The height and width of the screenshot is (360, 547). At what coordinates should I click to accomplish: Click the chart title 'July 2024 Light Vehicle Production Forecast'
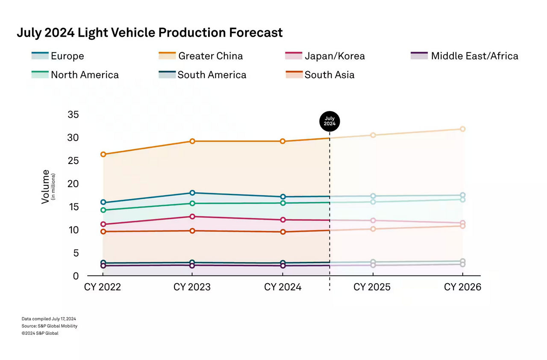150,33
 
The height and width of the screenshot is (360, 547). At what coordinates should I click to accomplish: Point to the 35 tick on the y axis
73,115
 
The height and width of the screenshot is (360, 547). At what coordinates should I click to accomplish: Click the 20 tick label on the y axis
73,184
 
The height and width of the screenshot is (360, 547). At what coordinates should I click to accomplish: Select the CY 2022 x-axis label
102,287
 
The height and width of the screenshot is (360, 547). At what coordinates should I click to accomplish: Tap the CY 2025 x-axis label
372,287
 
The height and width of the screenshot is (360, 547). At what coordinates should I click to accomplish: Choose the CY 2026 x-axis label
462,287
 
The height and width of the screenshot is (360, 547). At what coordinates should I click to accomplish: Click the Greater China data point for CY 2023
192,141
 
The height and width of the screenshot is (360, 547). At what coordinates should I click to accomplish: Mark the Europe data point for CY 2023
192,193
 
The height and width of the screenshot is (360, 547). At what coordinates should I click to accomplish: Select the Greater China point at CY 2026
462,129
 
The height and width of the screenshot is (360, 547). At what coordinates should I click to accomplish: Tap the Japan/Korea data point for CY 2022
103,224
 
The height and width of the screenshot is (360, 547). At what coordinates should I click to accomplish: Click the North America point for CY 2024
283,203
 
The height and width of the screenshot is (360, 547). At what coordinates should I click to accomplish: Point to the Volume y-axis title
46,187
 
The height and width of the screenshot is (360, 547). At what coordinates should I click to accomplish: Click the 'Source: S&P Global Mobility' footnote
50,326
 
